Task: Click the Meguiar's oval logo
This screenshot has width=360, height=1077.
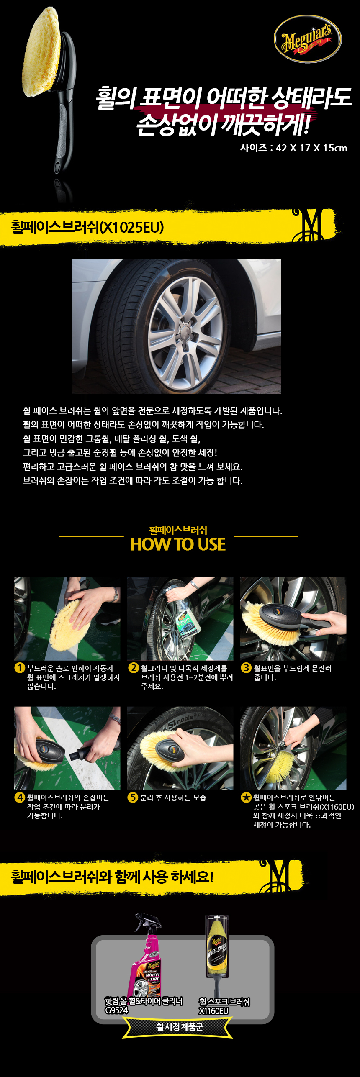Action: (x=308, y=39)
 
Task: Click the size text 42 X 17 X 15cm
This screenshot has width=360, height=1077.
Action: (x=311, y=148)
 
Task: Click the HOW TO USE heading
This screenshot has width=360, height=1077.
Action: (x=178, y=544)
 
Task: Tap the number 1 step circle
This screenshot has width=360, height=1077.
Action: (x=20, y=667)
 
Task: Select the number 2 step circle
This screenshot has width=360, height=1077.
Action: (x=134, y=667)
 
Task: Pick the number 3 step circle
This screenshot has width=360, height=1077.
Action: (x=246, y=667)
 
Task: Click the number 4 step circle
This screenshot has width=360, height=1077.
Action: (x=20, y=797)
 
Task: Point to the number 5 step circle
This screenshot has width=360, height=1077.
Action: (x=133, y=797)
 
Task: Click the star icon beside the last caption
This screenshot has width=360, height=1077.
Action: (x=246, y=797)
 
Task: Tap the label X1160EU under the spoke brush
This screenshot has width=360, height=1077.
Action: (x=214, y=1011)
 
